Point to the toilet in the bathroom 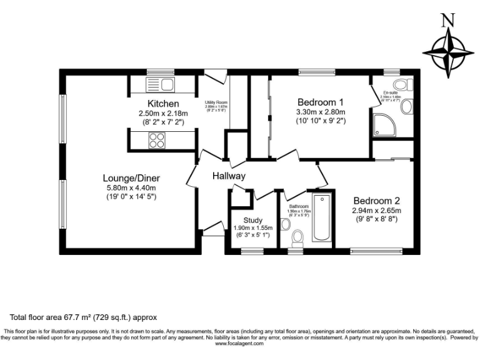[x=297, y=237]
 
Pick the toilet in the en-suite [x=401, y=85]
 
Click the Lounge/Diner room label [x=131, y=177]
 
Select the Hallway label [x=228, y=176]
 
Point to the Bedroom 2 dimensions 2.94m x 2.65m [x=376, y=211]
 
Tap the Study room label [x=252, y=220]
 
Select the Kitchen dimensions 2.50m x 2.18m [x=163, y=114]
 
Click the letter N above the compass [x=447, y=21]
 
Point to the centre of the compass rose [x=447, y=53]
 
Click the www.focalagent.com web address [x=240, y=343]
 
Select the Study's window [x=252, y=252]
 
